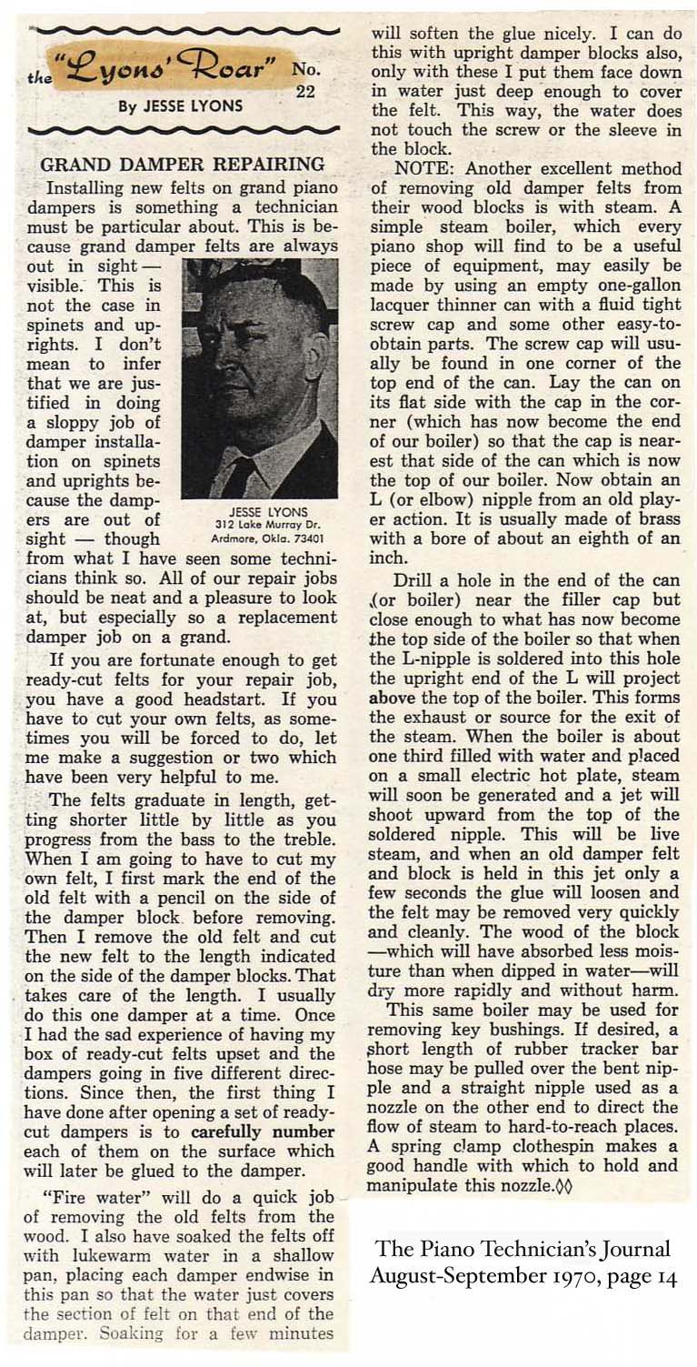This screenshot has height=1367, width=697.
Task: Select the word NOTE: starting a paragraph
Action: (x=425, y=168)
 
